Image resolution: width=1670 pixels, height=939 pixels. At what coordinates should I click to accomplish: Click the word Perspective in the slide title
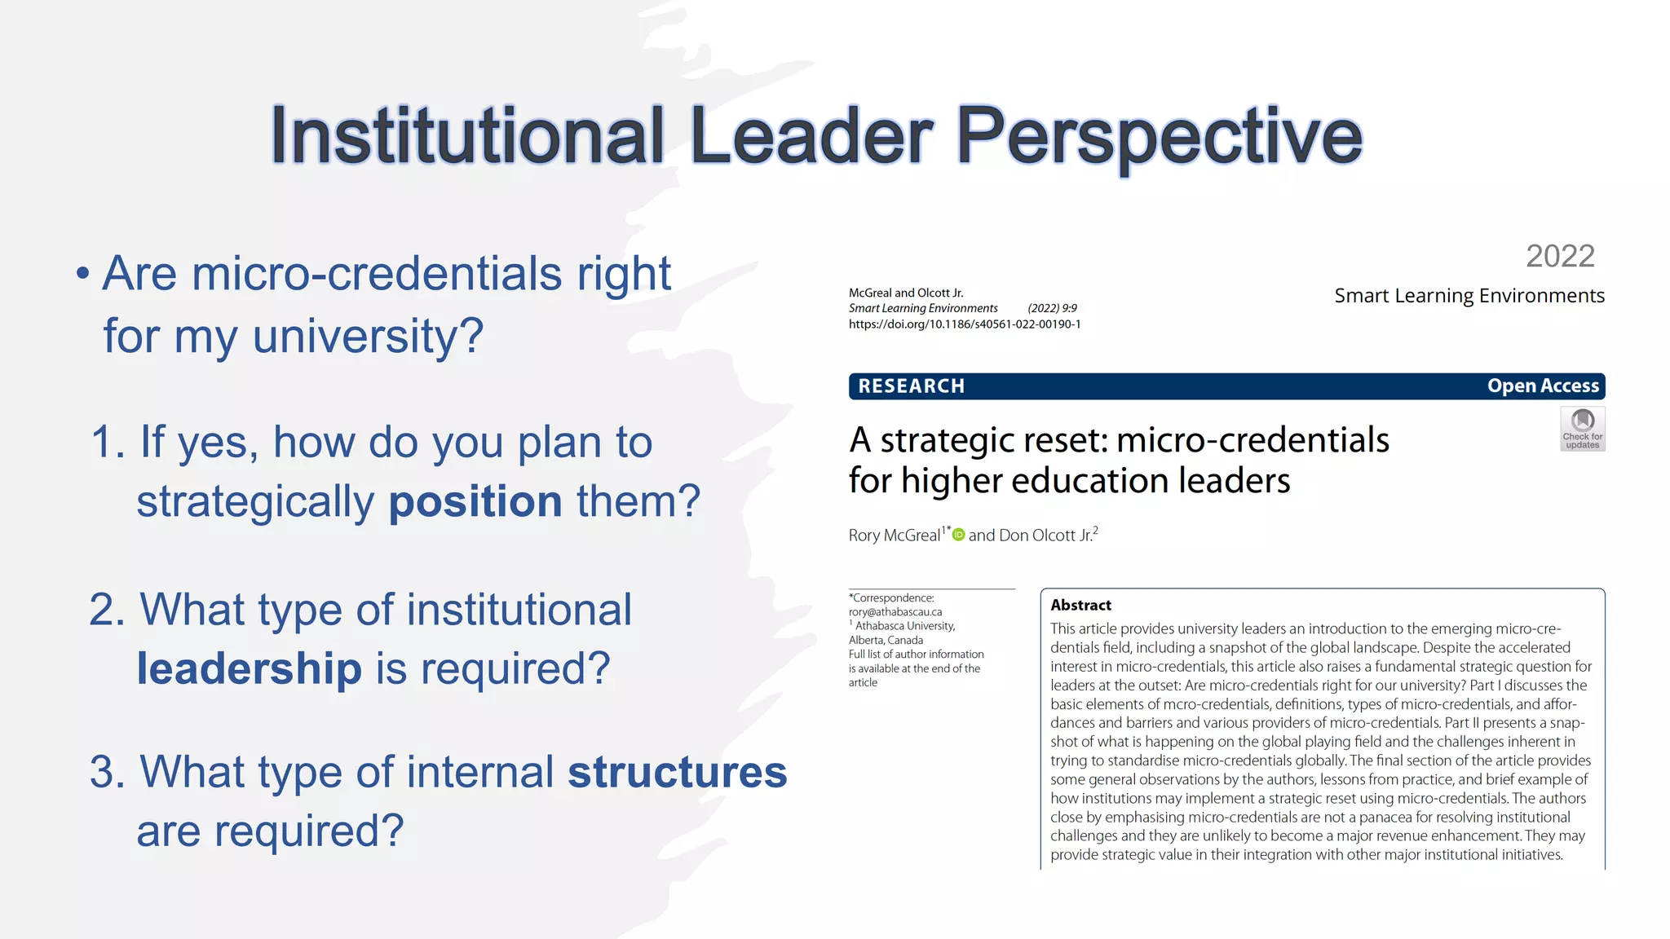click(1158, 136)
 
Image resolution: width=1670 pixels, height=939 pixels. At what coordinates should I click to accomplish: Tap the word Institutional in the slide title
click(467, 136)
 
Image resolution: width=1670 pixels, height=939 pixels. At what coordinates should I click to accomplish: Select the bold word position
click(475, 500)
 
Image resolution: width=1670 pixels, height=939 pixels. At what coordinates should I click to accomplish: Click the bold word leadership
click(249, 668)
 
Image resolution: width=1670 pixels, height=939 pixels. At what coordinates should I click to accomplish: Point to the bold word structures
click(677, 772)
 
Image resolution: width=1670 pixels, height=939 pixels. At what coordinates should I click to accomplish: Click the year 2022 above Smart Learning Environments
click(1560, 256)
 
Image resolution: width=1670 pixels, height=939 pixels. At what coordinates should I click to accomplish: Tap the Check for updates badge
click(1582, 429)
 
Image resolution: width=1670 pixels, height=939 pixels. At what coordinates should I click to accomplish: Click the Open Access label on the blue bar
click(1543, 386)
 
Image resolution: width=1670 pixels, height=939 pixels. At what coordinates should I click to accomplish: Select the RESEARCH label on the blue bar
click(911, 386)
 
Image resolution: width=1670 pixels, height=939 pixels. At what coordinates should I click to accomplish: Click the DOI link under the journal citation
click(965, 324)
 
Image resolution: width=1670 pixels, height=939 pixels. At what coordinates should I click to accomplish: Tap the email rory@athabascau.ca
click(895, 612)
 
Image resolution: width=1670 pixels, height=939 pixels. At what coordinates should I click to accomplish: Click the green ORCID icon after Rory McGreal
click(959, 535)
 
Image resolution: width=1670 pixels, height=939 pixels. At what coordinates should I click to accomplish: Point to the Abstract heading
click(1080, 605)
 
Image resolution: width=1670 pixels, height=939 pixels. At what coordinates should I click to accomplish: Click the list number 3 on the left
click(107, 772)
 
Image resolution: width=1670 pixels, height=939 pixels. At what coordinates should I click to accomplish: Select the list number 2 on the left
click(107, 610)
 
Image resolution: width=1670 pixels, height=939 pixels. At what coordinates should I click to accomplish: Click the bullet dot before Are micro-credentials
click(82, 274)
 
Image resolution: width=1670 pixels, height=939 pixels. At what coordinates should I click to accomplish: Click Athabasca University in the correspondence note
click(905, 626)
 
